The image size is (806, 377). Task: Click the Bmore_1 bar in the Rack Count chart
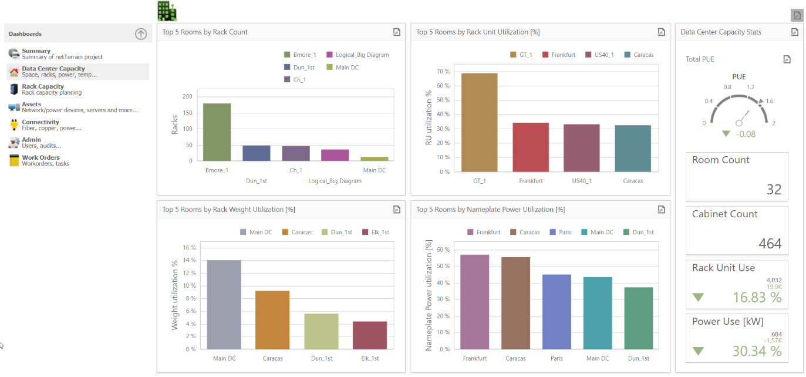click(x=217, y=132)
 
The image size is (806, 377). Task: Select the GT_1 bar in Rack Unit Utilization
click(x=479, y=123)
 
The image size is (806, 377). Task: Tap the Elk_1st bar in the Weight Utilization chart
click(x=370, y=335)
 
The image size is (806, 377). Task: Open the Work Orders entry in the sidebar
click(x=41, y=160)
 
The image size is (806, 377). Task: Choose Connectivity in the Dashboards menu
click(x=41, y=124)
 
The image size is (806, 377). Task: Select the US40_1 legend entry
click(x=603, y=55)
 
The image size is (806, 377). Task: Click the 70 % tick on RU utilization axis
click(x=443, y=72)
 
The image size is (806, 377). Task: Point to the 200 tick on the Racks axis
click(x=187, y=96)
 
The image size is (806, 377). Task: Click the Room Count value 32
click(x=774, y=190)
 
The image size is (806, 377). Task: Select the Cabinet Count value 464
click(x=770, y=244)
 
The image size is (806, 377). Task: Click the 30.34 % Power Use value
click(x=757, y=351)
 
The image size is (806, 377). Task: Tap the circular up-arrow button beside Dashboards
click(x=141, y=34)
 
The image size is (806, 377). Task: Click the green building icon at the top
click(x=167, y=11)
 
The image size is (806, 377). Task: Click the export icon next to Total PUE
click(x=787, y=59)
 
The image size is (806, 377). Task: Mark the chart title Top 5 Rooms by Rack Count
click(x=205, y=32)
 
